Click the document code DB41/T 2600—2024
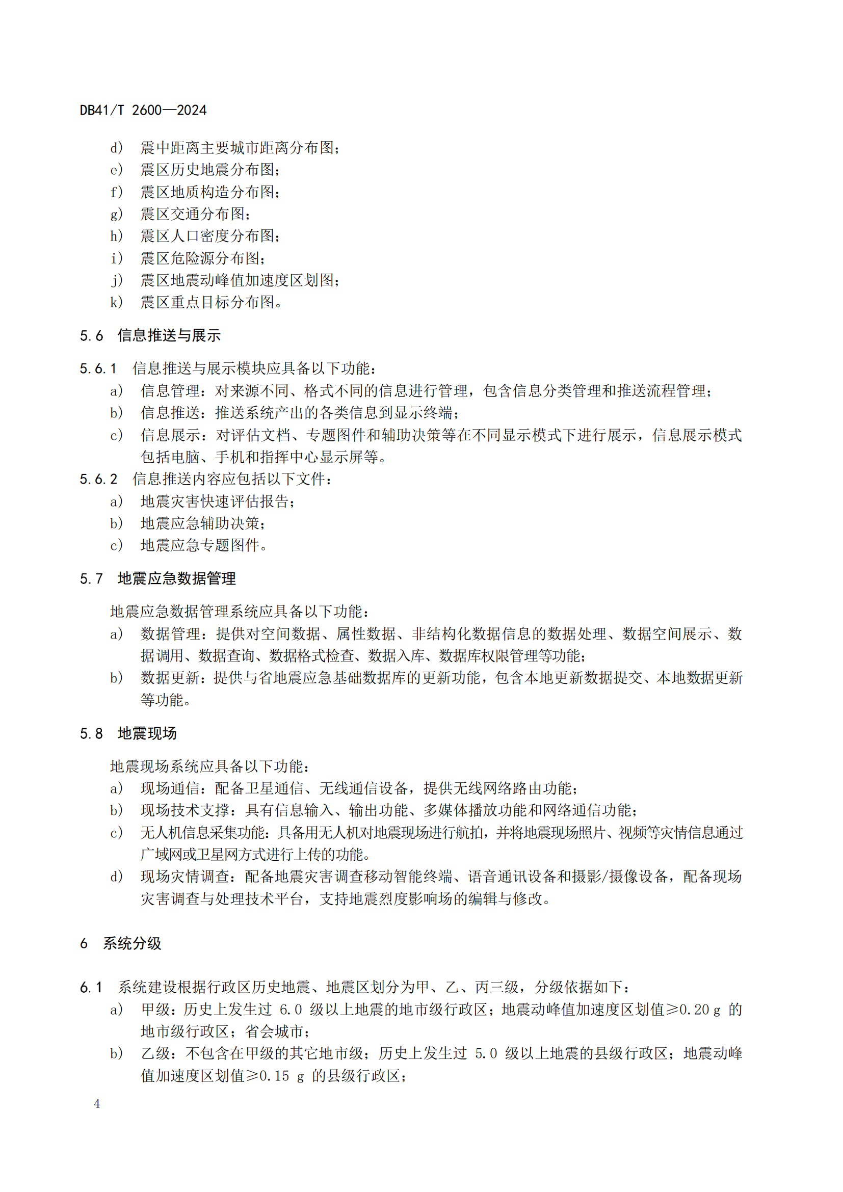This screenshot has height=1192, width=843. point(143,111)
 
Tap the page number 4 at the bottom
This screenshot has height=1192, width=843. point(97,1104)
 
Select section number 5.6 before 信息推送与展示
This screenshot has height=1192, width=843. point(91,336)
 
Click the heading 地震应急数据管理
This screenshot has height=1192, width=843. point(176,578)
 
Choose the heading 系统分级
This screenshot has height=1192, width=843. point(132,943)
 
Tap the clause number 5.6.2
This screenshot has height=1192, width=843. point(99,479)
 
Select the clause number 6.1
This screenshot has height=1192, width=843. point(91,988)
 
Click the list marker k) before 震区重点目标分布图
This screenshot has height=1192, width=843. point(116,302)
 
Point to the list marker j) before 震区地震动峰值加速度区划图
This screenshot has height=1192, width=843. point(117,280)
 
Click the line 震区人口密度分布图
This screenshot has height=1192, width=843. point(209,236)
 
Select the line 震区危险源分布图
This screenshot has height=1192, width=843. point(202,258)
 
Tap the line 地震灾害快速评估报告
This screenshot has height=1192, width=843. point(217,501)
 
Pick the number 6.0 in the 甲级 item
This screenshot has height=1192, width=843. point(291,1010)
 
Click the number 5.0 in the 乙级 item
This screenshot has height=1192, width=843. point(486,1053)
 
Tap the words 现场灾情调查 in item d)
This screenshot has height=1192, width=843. point(186,877)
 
